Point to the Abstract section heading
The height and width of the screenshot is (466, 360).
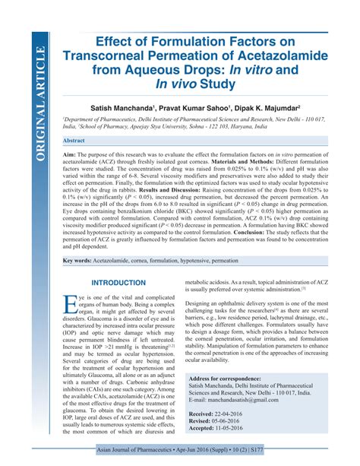click(74, 141)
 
